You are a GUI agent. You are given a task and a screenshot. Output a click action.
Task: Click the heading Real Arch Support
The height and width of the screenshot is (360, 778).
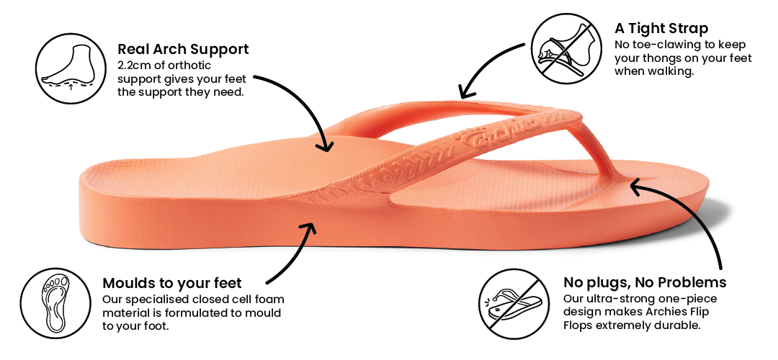pyautogui.click(x=183, y=50)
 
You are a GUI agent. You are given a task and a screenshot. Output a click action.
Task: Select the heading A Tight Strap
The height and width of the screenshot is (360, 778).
pyautogui.click(x=661, y=29)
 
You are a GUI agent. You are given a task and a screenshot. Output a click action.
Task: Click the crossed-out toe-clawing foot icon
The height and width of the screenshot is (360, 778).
pyautogui.click(x=563, y=45)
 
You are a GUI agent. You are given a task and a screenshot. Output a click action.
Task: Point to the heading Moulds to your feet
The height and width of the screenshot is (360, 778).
pyautogui.click(x=172, y=283)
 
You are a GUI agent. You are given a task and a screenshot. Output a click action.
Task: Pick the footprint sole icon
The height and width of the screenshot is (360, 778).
pyautogui.click(x=53, y=303)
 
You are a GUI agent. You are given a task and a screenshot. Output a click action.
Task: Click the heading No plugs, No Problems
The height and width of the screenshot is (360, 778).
pyautogui.click(x=645, y=282)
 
